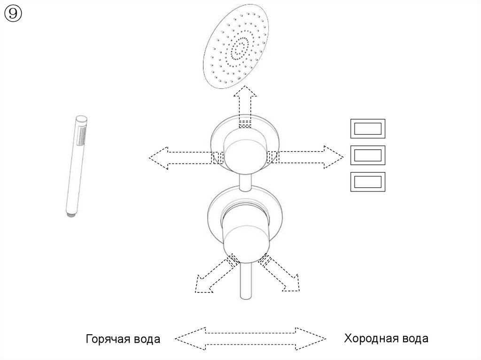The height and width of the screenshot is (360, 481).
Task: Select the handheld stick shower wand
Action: coord(75,164)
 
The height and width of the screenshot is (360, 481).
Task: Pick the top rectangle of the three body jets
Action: coord(367,129)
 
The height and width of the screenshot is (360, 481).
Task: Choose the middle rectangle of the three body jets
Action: coord(367,155)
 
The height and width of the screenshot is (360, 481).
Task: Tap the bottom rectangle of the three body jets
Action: coord(367,182)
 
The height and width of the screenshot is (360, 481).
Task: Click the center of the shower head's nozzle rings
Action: coord(240,47)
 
